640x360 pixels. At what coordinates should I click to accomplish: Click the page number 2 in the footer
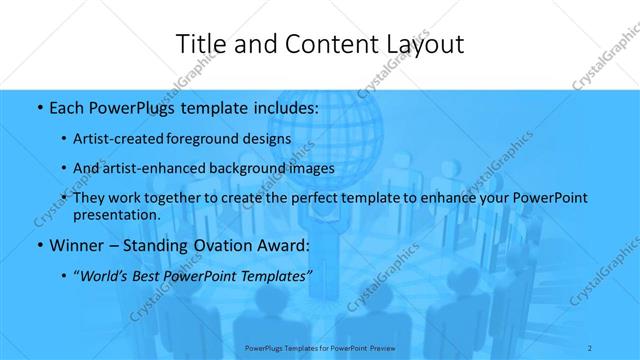[591, 347]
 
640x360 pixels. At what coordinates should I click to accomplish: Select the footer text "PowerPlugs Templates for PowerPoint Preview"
[320, 348]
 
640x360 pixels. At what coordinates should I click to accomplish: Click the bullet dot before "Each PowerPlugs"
[37, 108]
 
